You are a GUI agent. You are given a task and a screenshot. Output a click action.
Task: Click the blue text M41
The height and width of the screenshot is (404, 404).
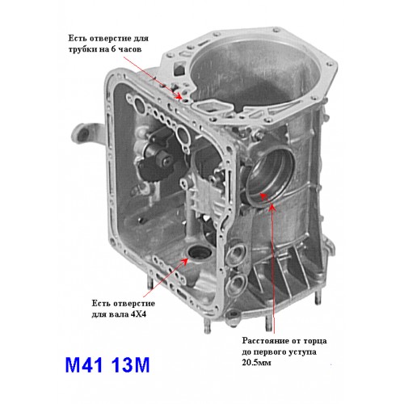click(84, 365)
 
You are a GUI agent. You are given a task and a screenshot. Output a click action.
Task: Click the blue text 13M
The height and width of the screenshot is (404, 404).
click(130, 365)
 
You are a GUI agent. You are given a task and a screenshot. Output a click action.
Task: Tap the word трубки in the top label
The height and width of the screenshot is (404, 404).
click(82, 50)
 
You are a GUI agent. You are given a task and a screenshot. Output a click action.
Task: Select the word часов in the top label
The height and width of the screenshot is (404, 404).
click(129, 49)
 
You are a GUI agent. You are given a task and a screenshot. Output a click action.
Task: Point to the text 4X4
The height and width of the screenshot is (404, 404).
click(138, 314)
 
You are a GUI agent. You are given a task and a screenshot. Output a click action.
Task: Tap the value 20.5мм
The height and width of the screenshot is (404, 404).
click(256, 363)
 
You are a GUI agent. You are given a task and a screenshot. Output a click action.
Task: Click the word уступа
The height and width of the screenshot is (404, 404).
click(302, 352)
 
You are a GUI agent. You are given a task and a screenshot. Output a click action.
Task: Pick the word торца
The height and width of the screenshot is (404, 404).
click(315, 341)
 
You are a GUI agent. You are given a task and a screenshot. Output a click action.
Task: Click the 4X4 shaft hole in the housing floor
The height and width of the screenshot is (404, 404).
click(199, 253)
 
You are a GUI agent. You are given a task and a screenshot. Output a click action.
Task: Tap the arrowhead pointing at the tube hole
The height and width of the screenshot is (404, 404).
click(178, 96)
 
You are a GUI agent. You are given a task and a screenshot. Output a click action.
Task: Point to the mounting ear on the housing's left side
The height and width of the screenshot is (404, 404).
click(86, 135)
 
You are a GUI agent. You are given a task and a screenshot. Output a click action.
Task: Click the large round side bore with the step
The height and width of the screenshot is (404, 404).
click(269, 175)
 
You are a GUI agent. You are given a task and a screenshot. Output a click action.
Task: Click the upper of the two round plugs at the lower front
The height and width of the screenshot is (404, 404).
click(237, 254)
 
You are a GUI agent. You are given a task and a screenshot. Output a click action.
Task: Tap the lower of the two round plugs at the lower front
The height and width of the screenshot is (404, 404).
click(237, 284)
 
